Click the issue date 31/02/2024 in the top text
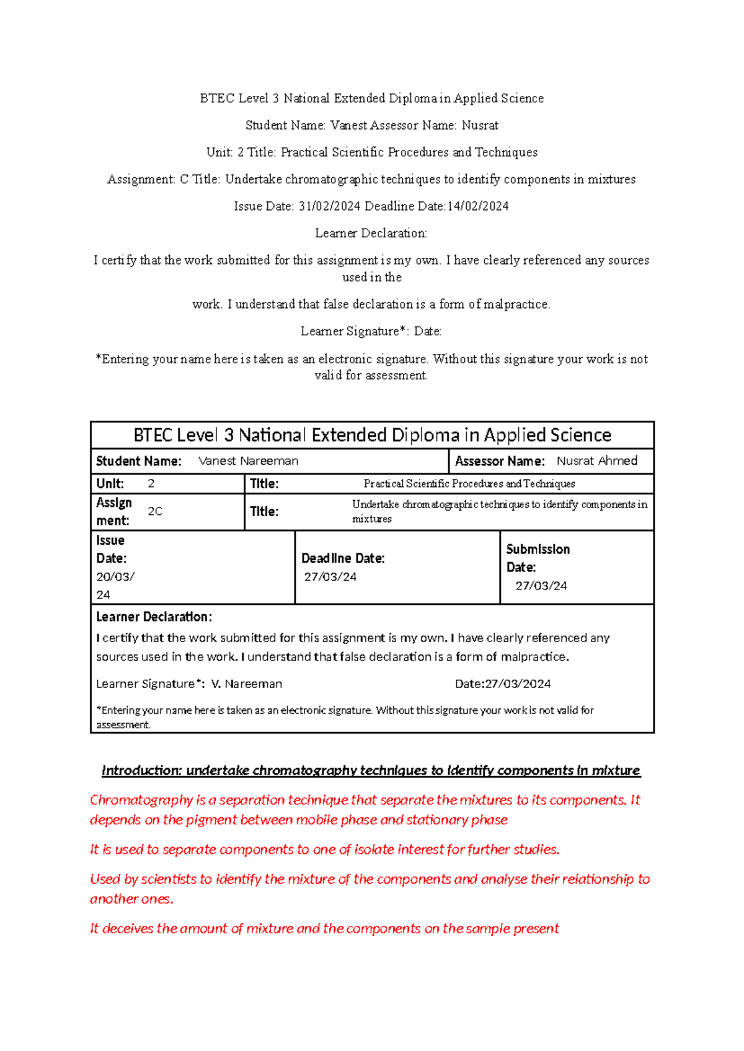(x=329, y=206)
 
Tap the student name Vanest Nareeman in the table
(x=248, y=461)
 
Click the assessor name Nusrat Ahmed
(x=596, y=461)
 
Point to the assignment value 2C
(x=155, y=511)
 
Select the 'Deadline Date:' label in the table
(x=343, y=558)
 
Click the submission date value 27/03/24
(x=541, y=586)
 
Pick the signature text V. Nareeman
(x=247, y=684)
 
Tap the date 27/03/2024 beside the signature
(x=518, y=684)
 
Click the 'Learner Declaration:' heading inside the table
(x=154, y=617)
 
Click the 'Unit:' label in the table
(x=110, y=484)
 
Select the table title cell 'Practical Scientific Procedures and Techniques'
(x=469, y=484)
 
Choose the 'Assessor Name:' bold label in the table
(x=500, y=461)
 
